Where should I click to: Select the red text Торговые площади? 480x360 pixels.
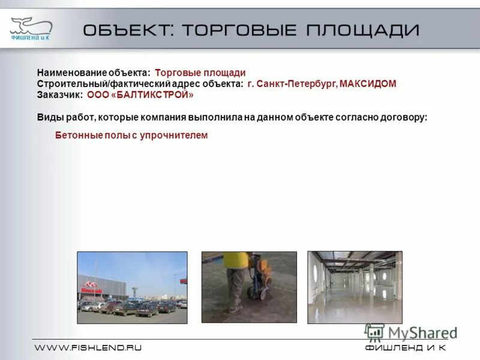(x=205, y=73)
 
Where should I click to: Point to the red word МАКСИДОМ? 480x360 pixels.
(x=368, y=84)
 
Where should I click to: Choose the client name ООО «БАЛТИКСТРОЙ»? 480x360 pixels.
(x=140, y=95)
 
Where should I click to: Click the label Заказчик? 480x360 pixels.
(x=59, y=95)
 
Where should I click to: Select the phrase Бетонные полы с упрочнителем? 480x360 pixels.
(x=131, y=136)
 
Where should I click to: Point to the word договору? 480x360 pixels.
(x=405, y=118)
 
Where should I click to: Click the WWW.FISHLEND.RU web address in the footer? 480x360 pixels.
(x=88, y=348)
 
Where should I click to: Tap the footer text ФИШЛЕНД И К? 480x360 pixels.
(x=405, y=348)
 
